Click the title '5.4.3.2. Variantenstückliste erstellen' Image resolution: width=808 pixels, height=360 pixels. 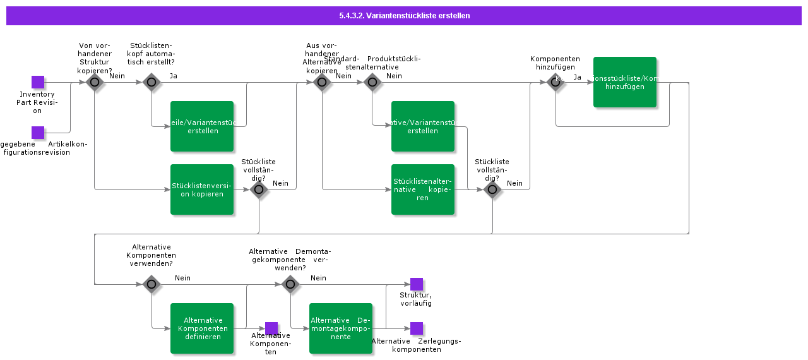click(x=404, y=16)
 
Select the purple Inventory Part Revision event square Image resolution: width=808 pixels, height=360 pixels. click(x=38, y=82)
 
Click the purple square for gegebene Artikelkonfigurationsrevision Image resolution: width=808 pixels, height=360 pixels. click(x=38, y=133)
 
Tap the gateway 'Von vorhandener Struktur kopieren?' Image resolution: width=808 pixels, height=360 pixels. click(x=95, y=82)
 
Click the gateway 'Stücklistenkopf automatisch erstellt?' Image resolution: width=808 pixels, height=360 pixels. click(x=151, y=82)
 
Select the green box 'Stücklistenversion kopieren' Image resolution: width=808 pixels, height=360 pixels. click(x=202, y=189)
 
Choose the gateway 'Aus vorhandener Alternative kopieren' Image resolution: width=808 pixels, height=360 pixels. click(x=322, y=82)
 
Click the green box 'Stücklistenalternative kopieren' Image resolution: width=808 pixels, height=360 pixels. click(x=423, y=189)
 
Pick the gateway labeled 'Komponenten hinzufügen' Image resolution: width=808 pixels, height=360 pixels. click(x=555, y=82)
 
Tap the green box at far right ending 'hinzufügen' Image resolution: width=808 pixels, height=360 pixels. click(x=625, y=82)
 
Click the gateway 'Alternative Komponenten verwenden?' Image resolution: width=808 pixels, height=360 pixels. click(x=151, y=284)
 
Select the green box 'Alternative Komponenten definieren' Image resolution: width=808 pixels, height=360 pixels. click(x=202, y=328)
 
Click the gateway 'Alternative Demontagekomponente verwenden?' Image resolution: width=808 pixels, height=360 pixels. click(x=290, y=284)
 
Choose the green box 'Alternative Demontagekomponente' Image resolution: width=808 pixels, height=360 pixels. click(x=341, y=328)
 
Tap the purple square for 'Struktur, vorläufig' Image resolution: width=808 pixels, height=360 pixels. click(x=417, y=284)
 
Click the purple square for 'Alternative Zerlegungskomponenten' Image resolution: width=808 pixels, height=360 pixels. click(x=417, y=328)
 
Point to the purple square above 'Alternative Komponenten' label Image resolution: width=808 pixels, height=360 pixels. click(x=271, y=328)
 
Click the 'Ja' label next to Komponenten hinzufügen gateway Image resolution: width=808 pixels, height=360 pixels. click(x=577, y=77)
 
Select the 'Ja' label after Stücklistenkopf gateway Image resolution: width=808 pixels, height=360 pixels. click(x=173, y=76)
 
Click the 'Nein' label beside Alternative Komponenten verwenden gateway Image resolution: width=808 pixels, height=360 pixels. click(x=182, y=278)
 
